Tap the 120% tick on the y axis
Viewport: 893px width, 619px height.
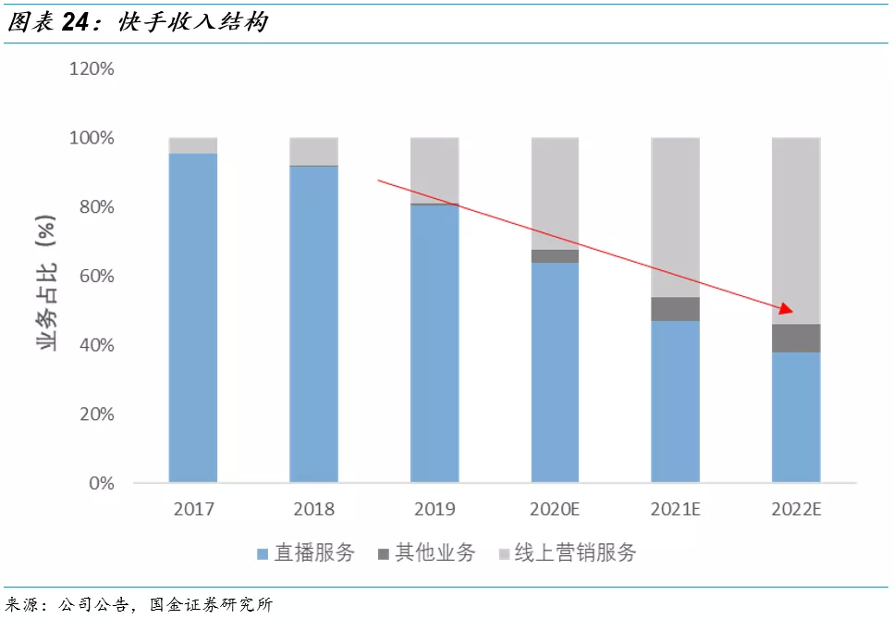point(91,69)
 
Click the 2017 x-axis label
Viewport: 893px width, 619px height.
point(193,509)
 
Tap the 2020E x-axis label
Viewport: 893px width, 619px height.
point(555,509)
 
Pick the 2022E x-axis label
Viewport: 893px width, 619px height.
point(796,509)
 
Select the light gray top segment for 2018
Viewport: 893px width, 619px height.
point(313,152)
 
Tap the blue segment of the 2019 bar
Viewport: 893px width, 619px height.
point(434,343)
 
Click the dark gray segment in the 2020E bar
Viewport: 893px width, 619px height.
point(555,256)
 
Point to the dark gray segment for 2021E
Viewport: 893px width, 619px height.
point(675,309)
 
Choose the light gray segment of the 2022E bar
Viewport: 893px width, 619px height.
point(796,230)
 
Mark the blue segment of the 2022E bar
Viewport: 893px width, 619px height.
point(796,417)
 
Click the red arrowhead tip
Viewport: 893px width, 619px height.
point(792,311)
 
